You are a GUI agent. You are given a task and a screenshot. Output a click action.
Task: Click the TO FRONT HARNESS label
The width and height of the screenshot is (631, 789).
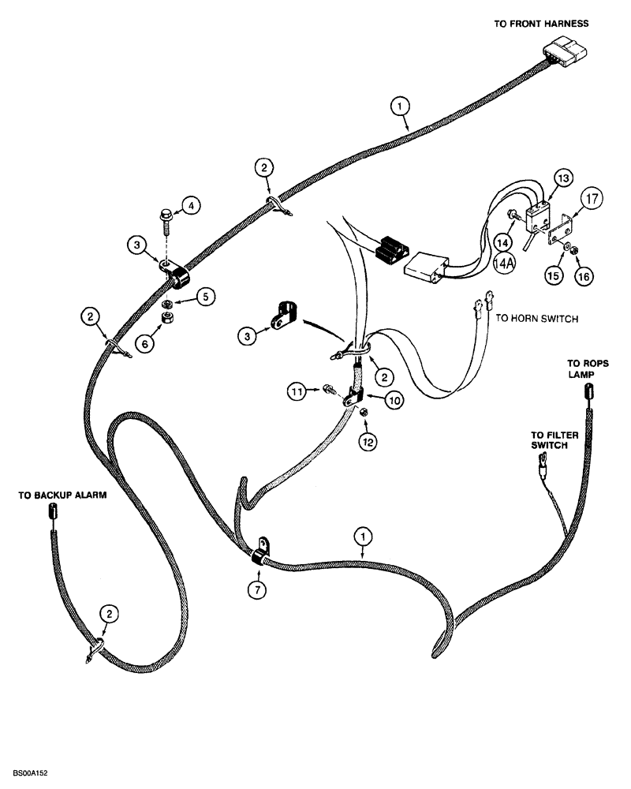541,24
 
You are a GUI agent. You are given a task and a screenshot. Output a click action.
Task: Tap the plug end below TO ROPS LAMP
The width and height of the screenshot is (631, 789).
588,392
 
